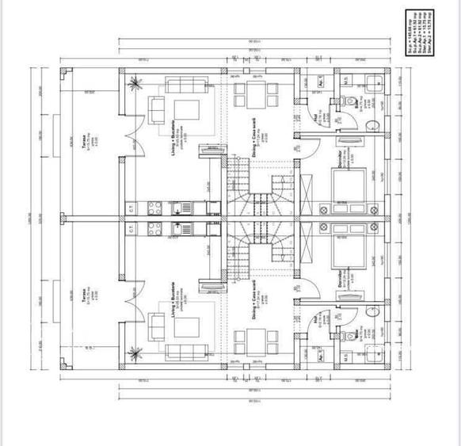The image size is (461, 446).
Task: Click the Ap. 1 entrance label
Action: pos(322,81)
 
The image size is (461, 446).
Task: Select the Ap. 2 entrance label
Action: pos(322,356)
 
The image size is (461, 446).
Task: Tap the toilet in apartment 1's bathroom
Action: pos(349,101)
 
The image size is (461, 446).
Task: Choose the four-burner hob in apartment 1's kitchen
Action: pos(154,208)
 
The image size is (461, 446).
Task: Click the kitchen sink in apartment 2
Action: pos(179,231)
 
